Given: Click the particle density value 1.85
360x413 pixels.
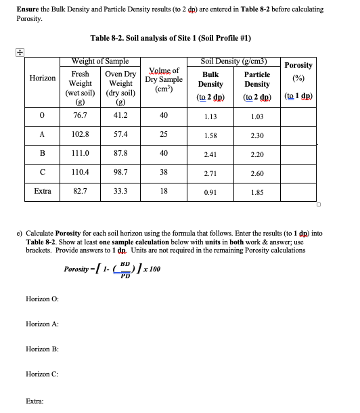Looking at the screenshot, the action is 256,193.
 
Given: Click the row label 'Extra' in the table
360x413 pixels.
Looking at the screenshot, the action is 42,192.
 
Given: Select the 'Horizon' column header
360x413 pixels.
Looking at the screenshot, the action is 42,79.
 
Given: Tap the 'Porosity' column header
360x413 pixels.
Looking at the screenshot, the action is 298,65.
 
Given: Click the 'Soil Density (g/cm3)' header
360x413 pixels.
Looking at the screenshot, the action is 233,62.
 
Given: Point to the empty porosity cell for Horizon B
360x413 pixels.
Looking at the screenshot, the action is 298,154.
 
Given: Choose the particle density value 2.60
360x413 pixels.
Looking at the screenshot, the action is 256,173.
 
